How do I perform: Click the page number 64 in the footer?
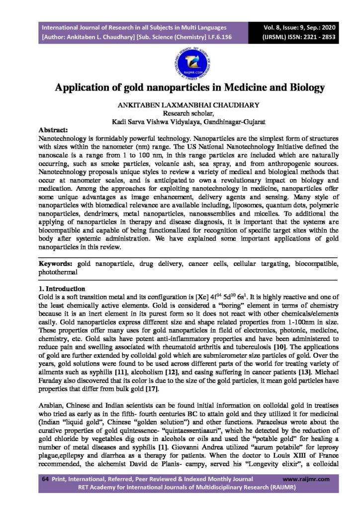tap(44, 479)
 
